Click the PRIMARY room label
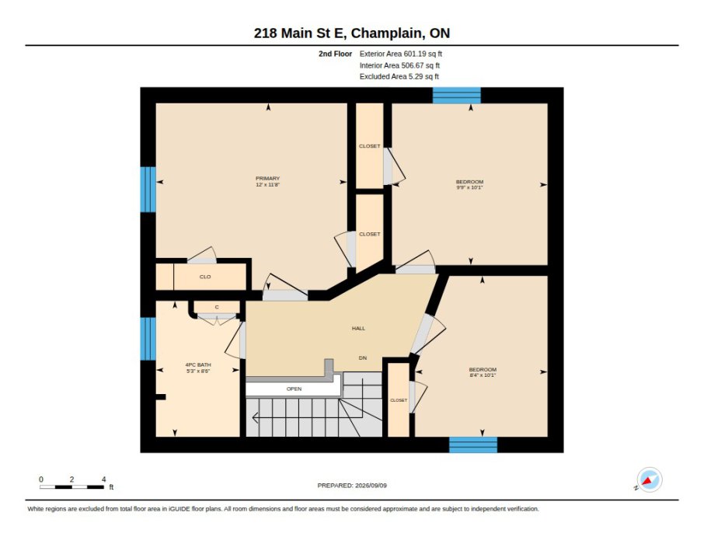click(267, 178)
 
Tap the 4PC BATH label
click(198, 364)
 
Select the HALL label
click(358, 329)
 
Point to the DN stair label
click(363, 358)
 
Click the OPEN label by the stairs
click(294, 389)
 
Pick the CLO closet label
click(205, 277)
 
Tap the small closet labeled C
click(217, 307)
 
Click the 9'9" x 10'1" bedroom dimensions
click(469, 187)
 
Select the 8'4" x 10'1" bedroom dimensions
click(483, 375)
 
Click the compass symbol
click(650, 479)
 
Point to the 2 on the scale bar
click(71, 479)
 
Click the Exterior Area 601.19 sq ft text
click(400, 54)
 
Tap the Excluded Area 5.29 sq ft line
click(399, 77)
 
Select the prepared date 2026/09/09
click(371, 486)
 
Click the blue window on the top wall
click(457, 96)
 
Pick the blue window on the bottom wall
click(473, 445)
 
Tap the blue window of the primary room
click(148, 190)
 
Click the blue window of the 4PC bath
click(148, 339)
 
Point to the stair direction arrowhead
click(255, 418)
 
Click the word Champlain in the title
click(386, 33)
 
